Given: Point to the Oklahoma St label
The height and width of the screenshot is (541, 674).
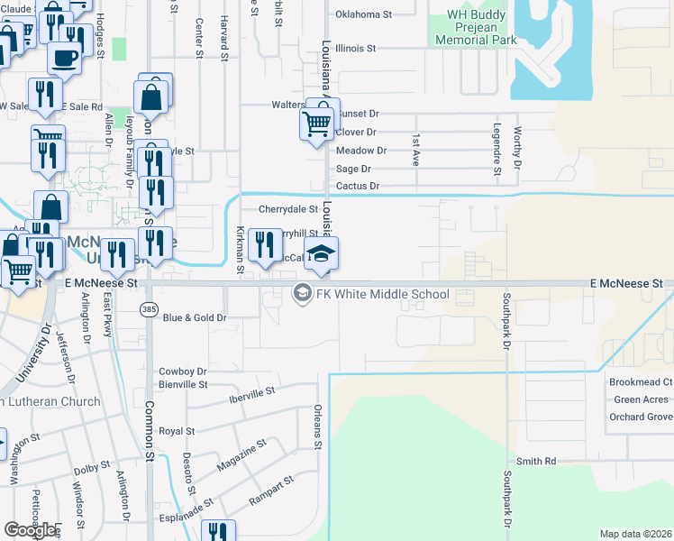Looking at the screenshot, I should coord(363,14).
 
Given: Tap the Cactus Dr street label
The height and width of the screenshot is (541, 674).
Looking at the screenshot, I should coord(358,186).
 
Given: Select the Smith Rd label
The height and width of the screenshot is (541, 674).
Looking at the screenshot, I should coord(536,461).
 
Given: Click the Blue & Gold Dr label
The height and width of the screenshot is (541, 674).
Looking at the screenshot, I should coord(194,317).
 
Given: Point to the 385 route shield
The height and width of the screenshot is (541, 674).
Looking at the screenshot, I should coord(148,309).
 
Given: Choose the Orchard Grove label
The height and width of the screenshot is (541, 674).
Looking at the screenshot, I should coord(641,417).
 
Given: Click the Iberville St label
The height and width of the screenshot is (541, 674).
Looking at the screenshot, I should coord(251,394).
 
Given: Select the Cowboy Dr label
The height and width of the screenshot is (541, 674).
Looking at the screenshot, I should coord(183,371).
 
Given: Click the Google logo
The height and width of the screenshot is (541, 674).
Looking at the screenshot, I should coord(31,529).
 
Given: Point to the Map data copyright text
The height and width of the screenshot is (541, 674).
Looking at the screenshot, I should coord(634,534).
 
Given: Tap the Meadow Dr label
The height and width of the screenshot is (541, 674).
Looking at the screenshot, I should coord(360,151).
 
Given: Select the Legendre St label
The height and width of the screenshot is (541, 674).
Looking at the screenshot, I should coord(496,148).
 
